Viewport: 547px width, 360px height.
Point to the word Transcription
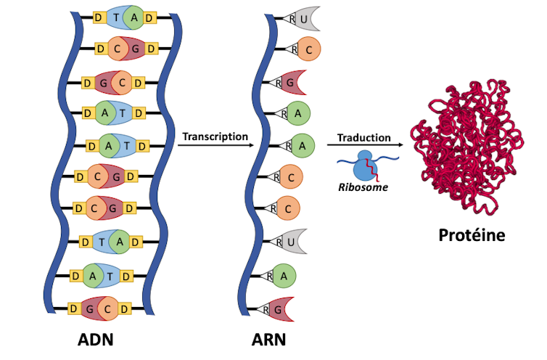click(x=215, y=136)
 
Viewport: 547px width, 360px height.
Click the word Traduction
click(x=364, y=137)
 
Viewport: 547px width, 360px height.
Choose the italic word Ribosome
click(x=363, y=187)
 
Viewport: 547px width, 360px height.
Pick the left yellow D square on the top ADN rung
click(x=98, y=17)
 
